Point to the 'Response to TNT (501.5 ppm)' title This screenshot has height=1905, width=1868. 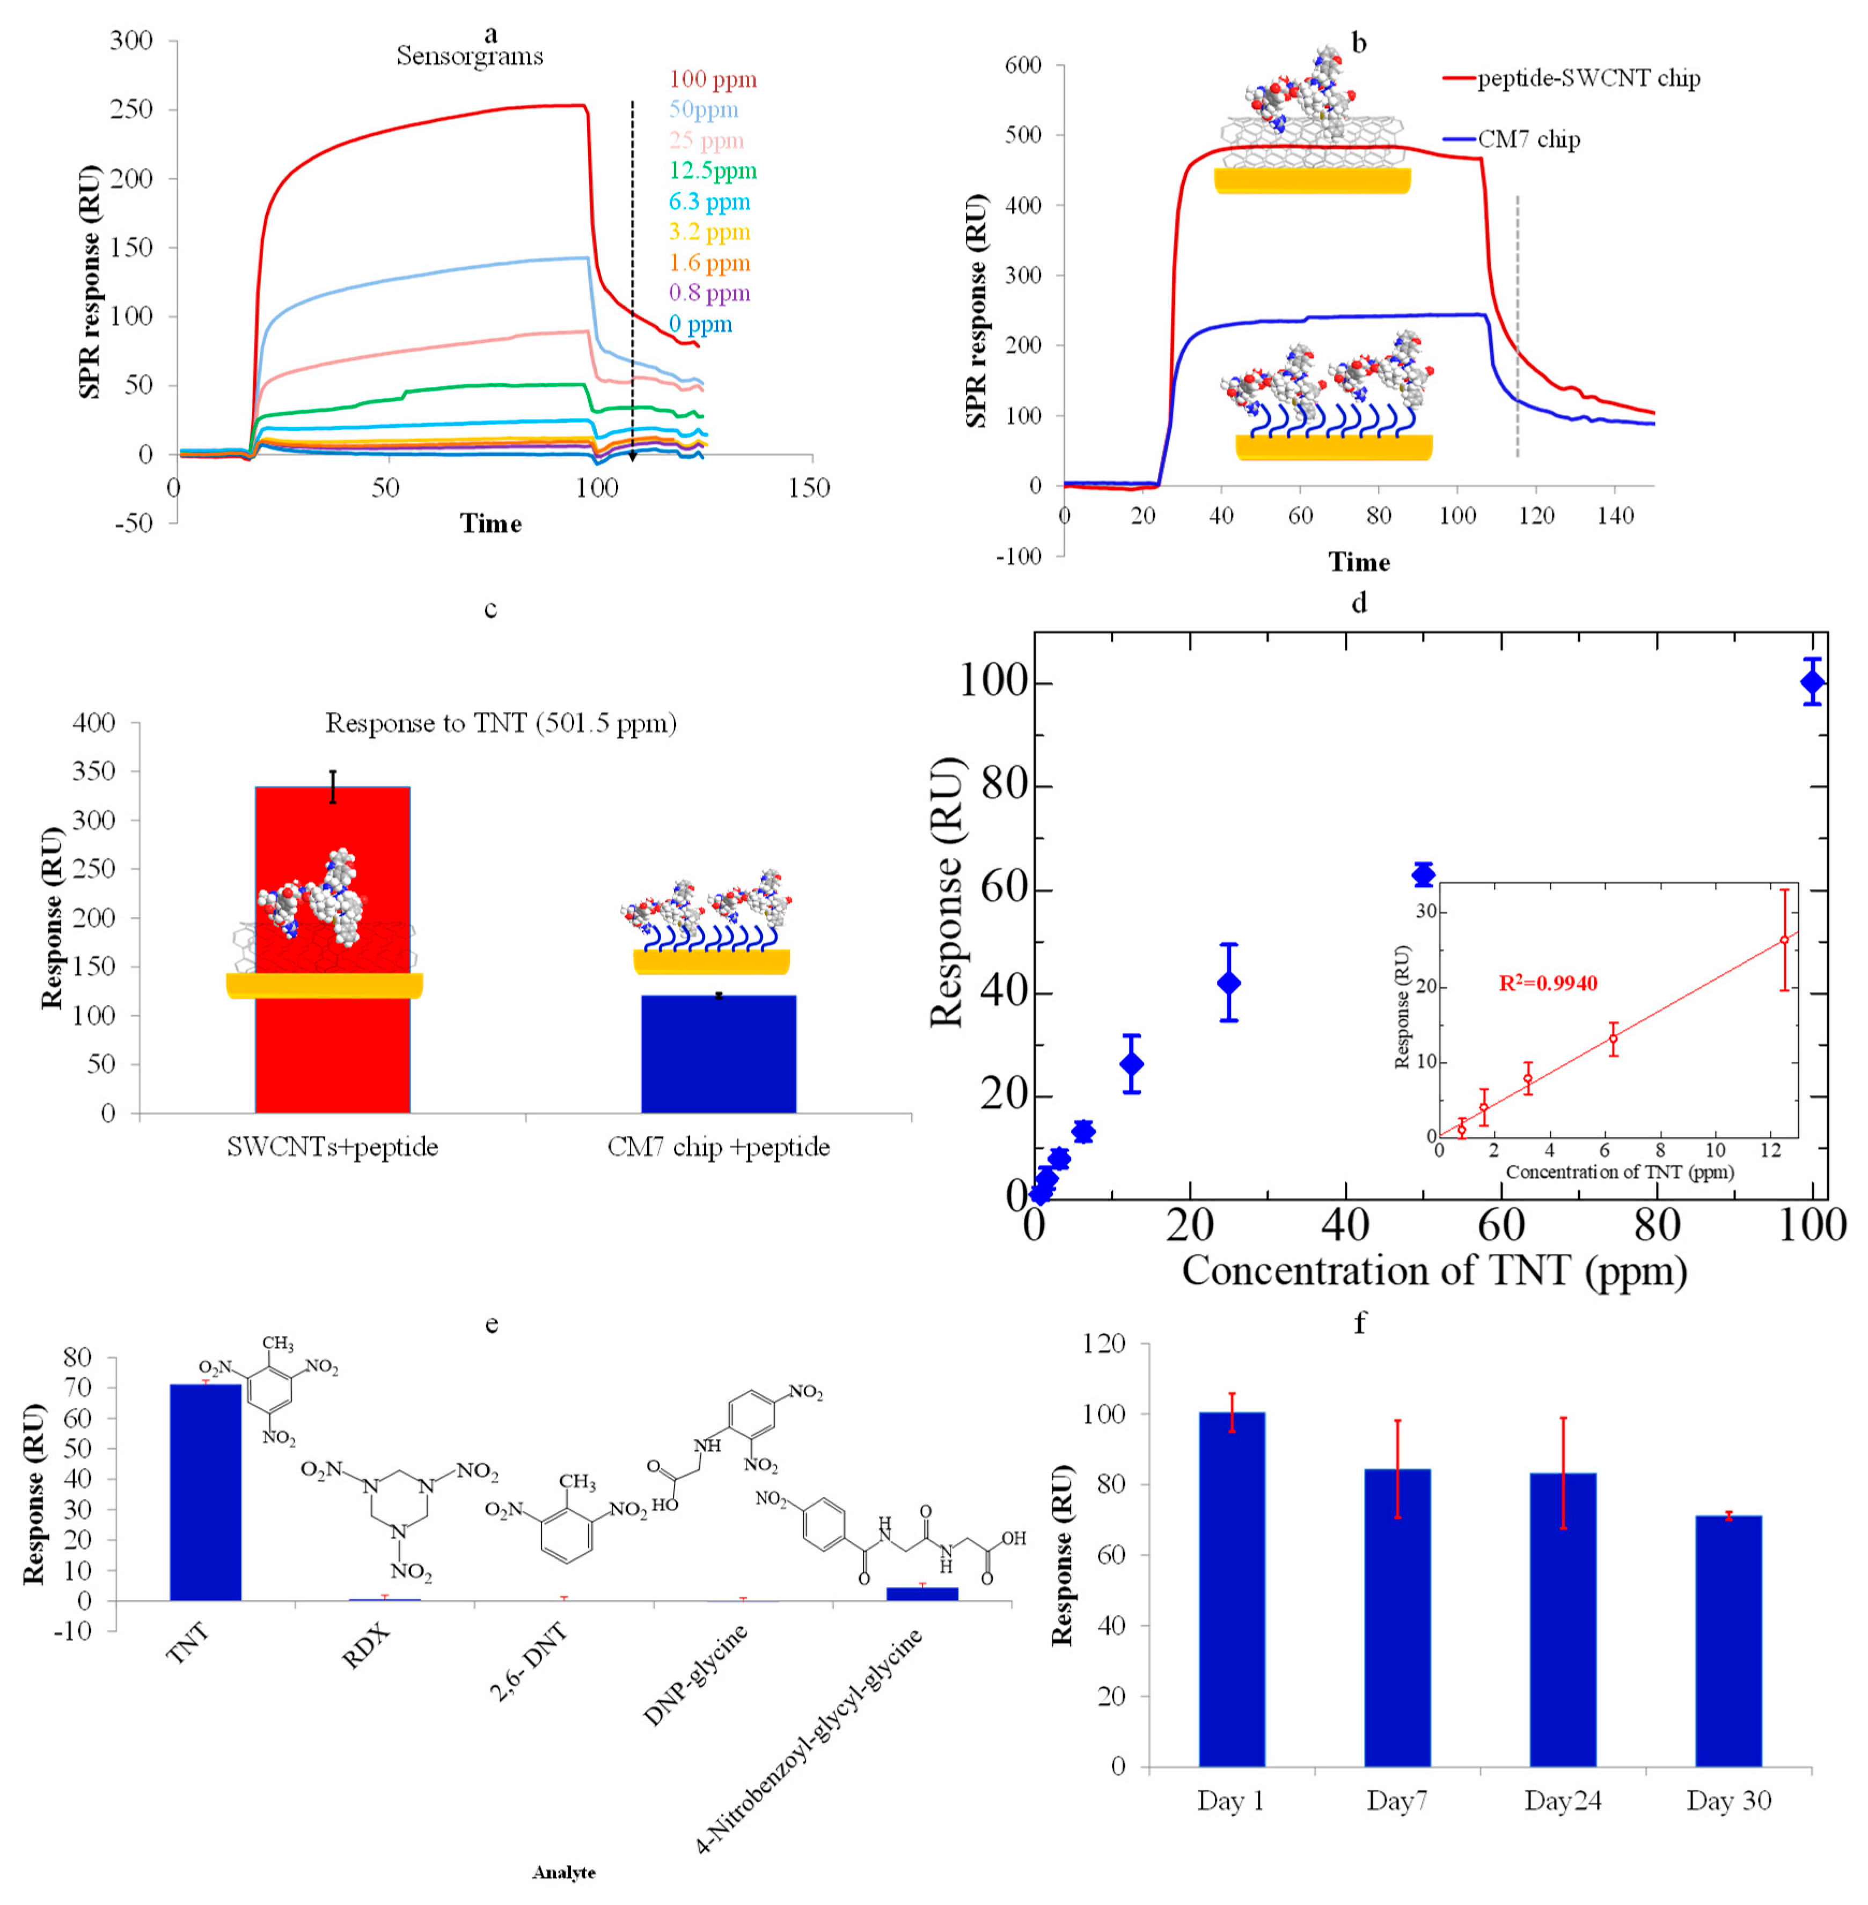501,723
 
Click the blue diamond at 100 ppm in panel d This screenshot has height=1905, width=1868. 1812,682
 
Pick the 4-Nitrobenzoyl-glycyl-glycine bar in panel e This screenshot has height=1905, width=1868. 922,1593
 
